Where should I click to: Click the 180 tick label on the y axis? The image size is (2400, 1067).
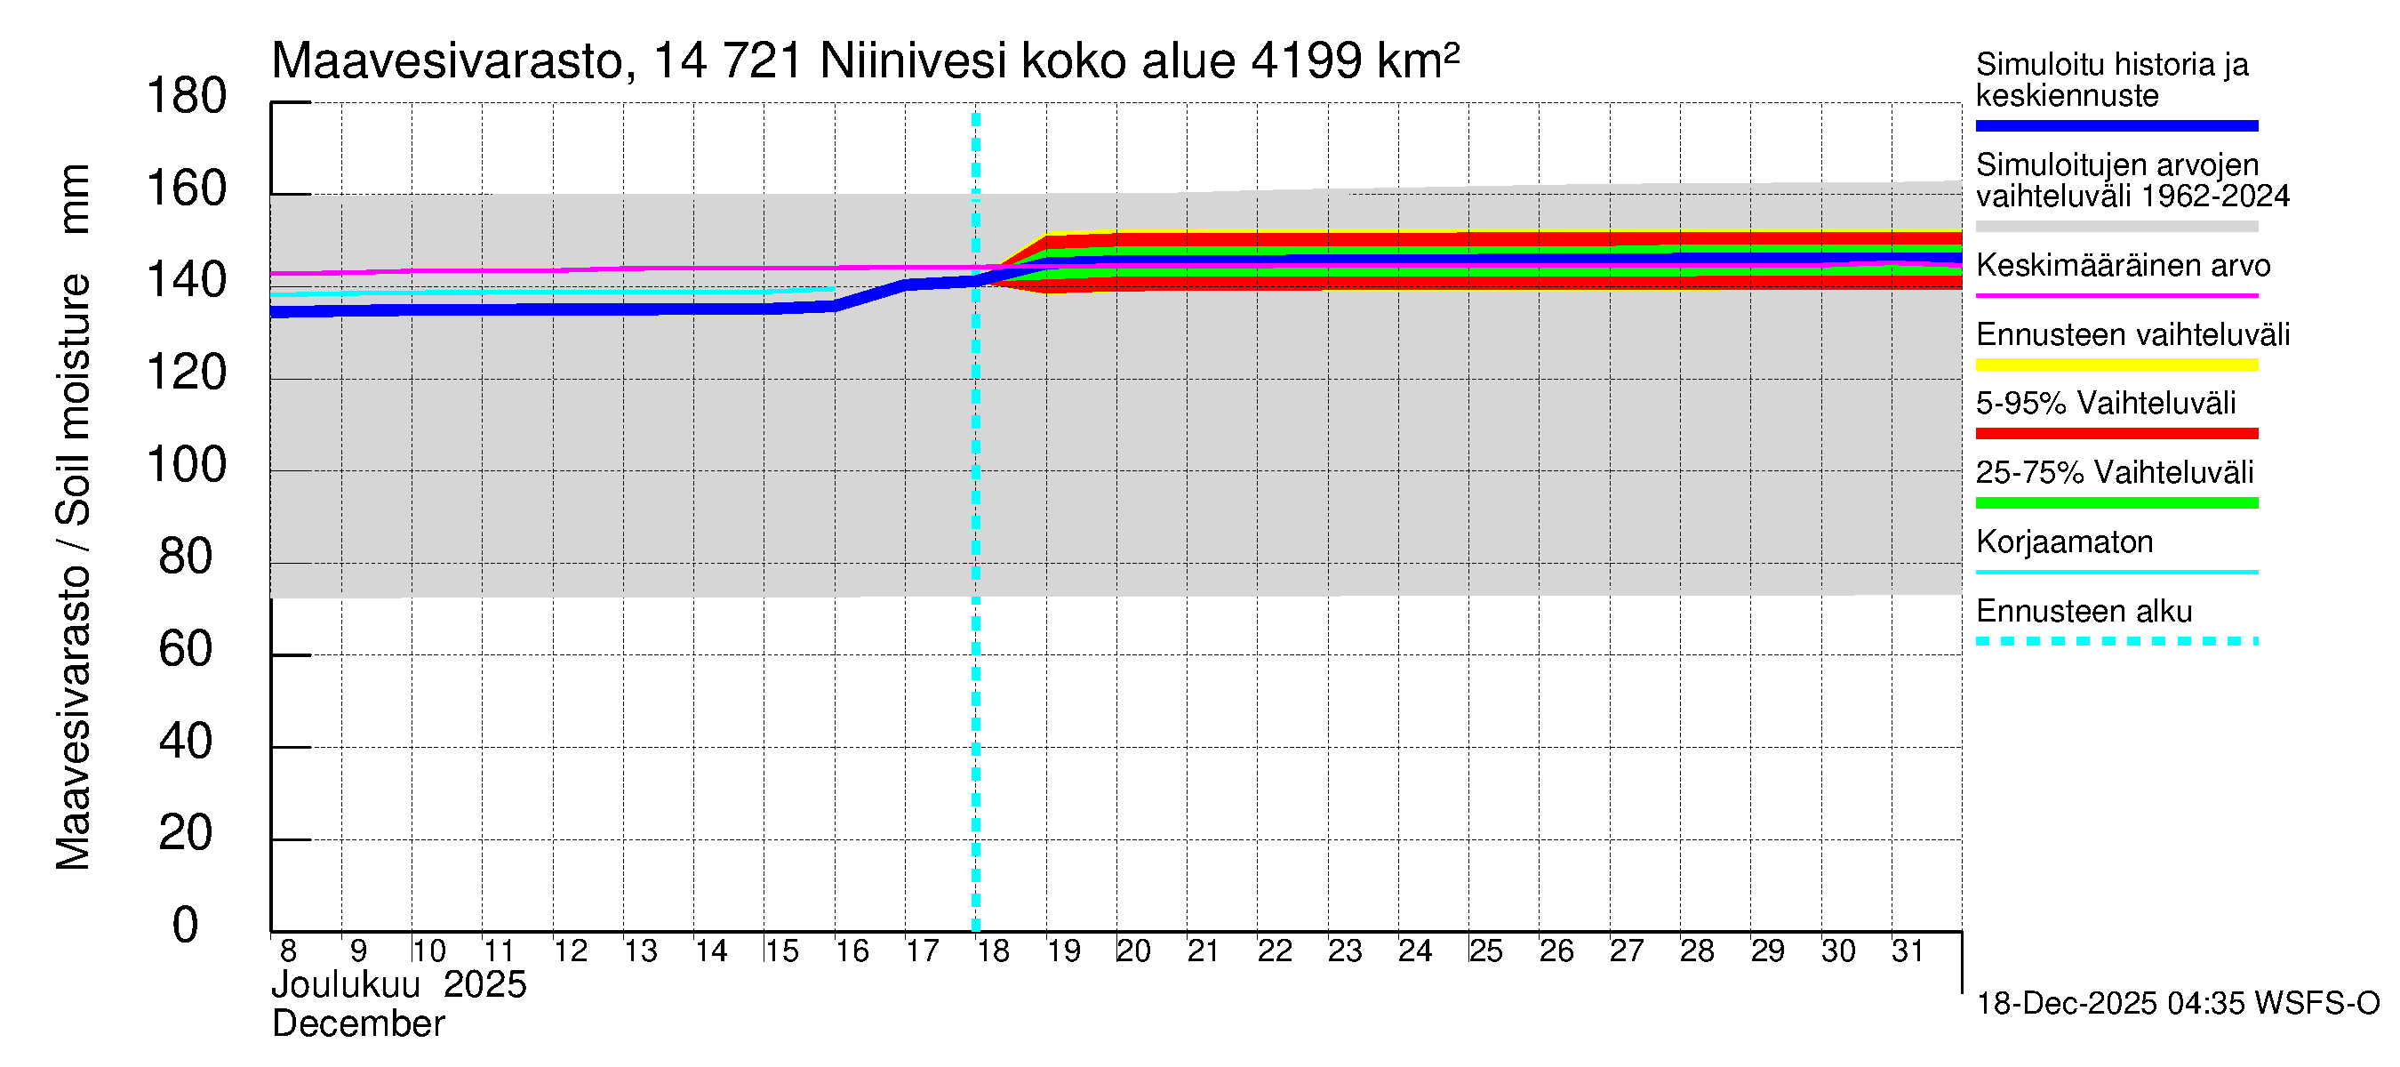coord(187,97)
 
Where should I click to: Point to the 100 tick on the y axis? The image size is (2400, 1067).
coord(187,465)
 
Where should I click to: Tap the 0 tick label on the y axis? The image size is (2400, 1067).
coord(186,926)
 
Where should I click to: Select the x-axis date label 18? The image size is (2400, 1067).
coord(993,951)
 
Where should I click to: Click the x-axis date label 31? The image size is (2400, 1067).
coord(1908,951)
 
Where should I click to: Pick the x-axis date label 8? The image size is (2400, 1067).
coord(288,951)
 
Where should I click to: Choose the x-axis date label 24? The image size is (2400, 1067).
coord(1414,951)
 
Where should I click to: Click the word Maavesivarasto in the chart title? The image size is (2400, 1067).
coord(446,61)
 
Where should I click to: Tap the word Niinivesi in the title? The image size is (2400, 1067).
coord(913,61)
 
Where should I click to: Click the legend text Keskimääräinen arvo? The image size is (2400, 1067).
coord(2124,266)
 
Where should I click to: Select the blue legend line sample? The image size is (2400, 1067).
coord(2116,125)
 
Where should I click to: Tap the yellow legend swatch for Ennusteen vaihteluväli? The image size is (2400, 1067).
coord(2116,365)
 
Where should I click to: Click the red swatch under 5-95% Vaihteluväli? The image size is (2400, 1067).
coord(2116,433)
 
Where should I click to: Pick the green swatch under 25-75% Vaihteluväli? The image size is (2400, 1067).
coord(2116,503)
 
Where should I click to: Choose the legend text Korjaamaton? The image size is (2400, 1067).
coord(2065,542)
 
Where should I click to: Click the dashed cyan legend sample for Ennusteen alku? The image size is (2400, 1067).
coord(2116,641)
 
